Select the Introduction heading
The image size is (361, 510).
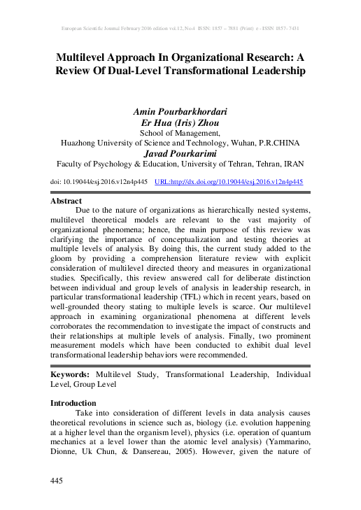[x=73, y=403]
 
